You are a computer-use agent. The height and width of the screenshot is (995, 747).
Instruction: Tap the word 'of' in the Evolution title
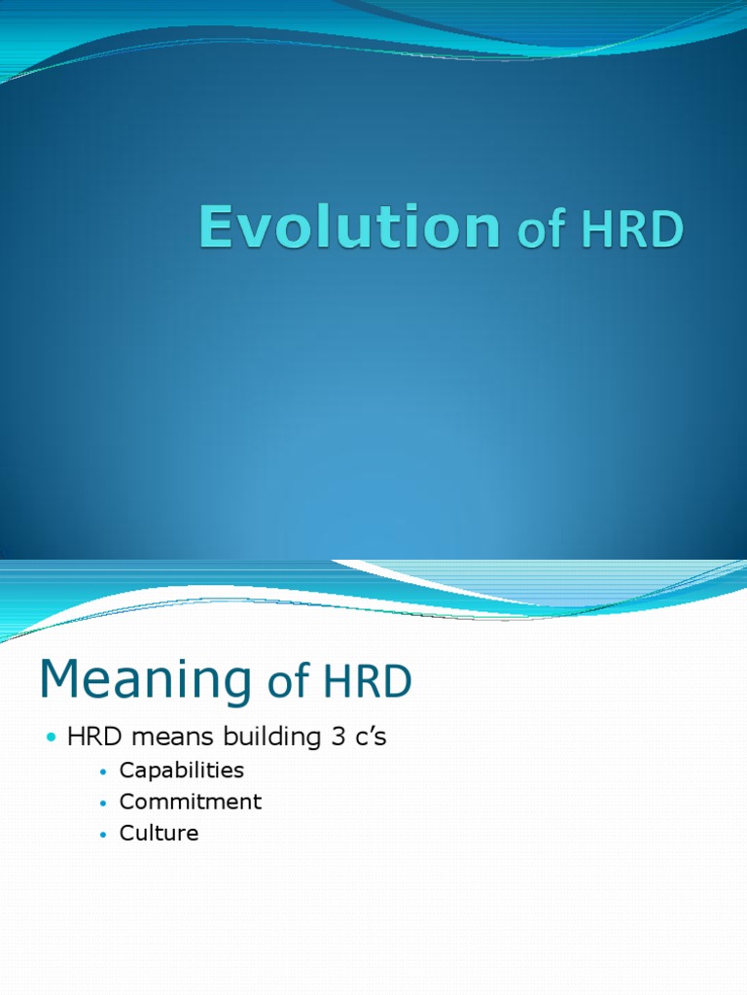point(541,231)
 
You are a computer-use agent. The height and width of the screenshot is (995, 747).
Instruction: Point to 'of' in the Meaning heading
point(288,683)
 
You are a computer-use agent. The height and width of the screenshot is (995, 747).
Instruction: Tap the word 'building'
point(263,738)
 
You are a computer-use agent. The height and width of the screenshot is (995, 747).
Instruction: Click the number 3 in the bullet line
point(333,738)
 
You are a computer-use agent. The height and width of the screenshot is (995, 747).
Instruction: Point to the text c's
point(370,738)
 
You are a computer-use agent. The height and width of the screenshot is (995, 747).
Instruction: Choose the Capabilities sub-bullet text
point(181,771)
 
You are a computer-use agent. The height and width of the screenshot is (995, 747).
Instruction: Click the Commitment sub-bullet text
point(190,802)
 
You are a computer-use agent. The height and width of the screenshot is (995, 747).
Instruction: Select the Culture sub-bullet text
point(159,833)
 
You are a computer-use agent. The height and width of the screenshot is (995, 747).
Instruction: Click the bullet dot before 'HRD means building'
point(52,738)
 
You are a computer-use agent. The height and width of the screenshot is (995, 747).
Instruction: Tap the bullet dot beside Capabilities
point(103,772)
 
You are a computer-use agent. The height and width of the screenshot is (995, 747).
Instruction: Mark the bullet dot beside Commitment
point(103,803)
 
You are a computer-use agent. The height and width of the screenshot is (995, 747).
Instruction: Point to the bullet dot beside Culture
point(103,834)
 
